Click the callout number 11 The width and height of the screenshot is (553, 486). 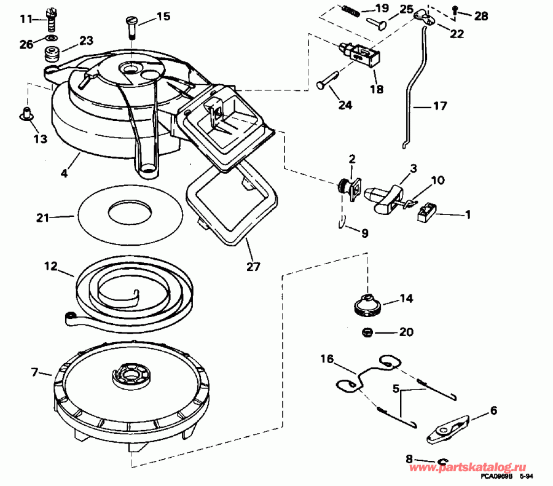click(25, 19)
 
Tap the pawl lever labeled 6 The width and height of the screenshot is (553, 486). click(447, 427)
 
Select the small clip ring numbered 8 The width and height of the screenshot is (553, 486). click(442, 462)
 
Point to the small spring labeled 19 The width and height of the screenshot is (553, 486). click(350, 10)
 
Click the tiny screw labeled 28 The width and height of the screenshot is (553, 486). click(455, 10)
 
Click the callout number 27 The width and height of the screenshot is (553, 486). click(253, 267)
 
